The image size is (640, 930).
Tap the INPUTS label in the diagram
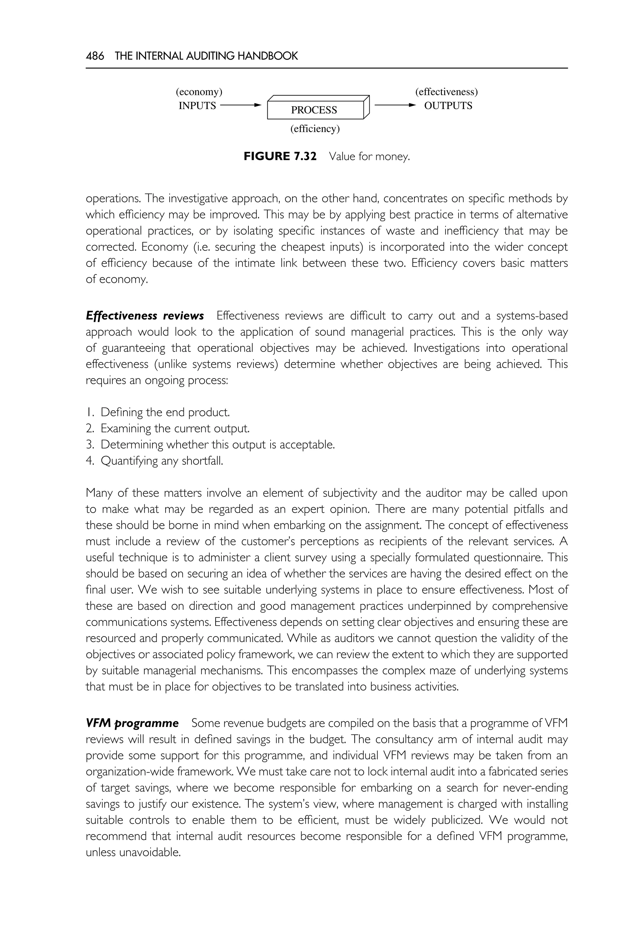(197, 106)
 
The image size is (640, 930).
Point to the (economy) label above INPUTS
(199, 92)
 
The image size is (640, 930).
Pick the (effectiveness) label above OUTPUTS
(446, 92)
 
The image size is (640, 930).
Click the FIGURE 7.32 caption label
(280, 156)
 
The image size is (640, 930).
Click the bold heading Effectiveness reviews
(145, 316)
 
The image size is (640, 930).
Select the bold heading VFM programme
(132, 723)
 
